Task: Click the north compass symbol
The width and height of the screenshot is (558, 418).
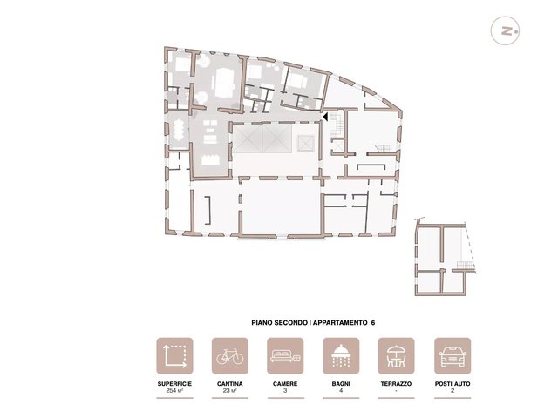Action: coord(505,30)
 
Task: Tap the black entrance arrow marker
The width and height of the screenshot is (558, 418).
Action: coord(325,117)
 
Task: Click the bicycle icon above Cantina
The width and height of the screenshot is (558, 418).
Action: coord(230,356)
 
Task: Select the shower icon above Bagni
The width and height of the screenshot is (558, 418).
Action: coord(341,356)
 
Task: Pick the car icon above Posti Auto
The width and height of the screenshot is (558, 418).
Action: coord(453,356)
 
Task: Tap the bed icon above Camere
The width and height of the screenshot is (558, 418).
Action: coord(285,356)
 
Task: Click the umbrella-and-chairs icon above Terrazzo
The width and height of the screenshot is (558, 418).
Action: coord(396,356)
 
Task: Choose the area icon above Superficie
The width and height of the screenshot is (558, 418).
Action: coord(174,356)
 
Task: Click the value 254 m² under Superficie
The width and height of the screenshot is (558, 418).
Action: coord(174,391)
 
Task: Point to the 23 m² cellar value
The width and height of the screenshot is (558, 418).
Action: coord(230,391)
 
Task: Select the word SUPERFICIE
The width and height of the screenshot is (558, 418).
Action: coord(174,384)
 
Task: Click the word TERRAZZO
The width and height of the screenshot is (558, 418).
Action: coord(396,384)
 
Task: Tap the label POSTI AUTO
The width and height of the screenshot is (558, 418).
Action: coord(453,384)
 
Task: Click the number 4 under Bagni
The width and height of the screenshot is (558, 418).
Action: coord(341,391)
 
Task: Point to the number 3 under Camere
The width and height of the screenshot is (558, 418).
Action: coord(285,391)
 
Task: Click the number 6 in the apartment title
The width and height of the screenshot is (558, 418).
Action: coord(372,323)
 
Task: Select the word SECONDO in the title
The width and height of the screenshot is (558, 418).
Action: coord(294,323)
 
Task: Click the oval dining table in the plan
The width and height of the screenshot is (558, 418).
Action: coord(178,130)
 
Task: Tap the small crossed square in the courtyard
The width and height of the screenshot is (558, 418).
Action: coord(306,143)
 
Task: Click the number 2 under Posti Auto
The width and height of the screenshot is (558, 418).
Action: coord(453,391)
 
